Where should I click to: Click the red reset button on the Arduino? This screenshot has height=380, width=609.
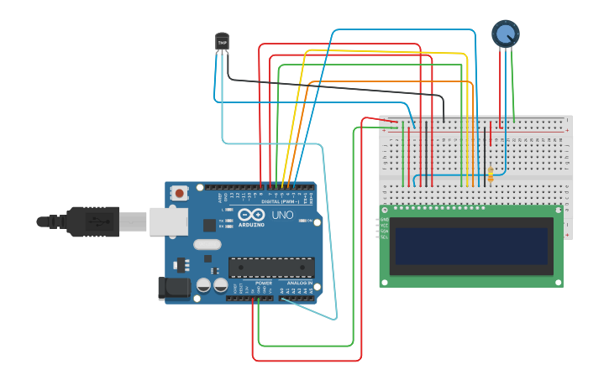click(179, 193)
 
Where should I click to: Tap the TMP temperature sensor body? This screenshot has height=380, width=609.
click(222, 41)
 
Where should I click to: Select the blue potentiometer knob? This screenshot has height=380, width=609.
click(505, 34)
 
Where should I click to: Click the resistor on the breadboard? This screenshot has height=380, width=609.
click(491, 174)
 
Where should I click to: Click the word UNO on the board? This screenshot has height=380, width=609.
click(282, 216)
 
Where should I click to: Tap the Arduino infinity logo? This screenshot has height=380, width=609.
click(250, 215)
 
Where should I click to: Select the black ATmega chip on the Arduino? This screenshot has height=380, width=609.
click(271, 268)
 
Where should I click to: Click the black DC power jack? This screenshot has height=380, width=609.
click(175, 288)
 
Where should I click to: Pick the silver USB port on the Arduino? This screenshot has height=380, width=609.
click(168, 221)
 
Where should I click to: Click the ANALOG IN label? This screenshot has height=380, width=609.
click(299, 284)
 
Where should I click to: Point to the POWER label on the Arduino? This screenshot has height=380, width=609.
click(264, 284)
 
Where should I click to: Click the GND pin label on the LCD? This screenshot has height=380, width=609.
click(385, 220)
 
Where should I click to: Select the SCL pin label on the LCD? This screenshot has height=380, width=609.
click(385, 237)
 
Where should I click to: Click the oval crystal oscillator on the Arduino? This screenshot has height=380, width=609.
click(207, 245)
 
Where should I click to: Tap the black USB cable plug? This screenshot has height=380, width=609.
click(92, 222)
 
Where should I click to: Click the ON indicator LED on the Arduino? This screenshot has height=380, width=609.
click(303, 221)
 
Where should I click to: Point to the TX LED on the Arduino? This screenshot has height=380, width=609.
click(229, 221)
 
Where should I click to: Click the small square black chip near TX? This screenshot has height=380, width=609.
click(209, 225)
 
